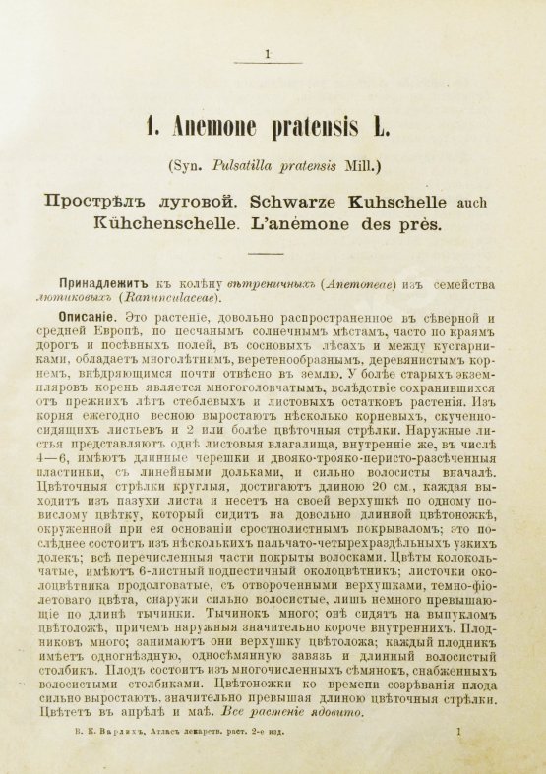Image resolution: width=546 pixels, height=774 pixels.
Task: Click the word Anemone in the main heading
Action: point(202,126)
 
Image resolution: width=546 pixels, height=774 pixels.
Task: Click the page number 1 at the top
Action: point(268,55)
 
